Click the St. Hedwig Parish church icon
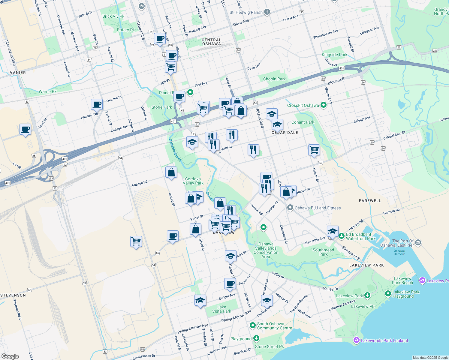click(x=267, y=12)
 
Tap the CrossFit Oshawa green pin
click(x=323, y=105)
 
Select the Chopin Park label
click(x=274, y=79)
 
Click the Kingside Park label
click(x=334, y=55)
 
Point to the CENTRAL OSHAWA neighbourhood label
click(x=211, y=42)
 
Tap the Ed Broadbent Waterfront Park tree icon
click(x=342, y=236)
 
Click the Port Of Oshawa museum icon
click(x=418, y=242)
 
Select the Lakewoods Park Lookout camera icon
click(x=356, y=340)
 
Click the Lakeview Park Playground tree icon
click(x=388, y=293)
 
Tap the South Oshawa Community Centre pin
click(x=252, y=325)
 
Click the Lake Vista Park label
click(x=221, y=309)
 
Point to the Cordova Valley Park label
click(x=193, y=181)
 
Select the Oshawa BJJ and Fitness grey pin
click(x=290, y=208)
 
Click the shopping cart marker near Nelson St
click(x=314, y=149)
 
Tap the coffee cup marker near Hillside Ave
click(x=97, y=104)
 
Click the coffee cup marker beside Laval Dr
click(x=25, y=129)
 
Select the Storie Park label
click(x=162, y=107)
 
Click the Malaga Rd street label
click(x=140, y=184)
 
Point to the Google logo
click(x=10, y=356)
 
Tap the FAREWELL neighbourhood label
click(x=370, y=201)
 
